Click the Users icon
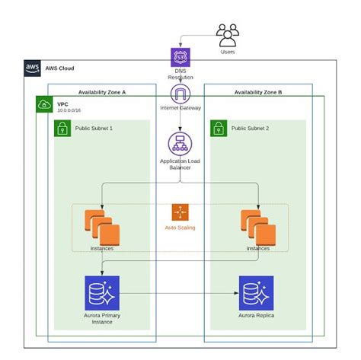228,35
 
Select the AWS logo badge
33,68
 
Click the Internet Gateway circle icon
180,94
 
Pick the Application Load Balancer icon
180,144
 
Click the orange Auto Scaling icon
180,212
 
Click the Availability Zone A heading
102,91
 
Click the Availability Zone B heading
258,91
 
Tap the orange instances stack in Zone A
100,225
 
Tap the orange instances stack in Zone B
257,225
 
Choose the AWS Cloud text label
60,68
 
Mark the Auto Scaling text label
180,228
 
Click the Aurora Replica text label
257,314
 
